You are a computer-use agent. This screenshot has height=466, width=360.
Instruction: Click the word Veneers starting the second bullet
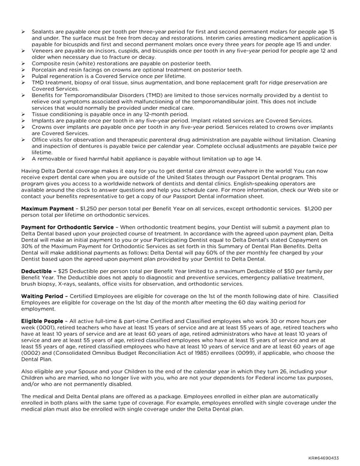pyautogui.click(x=44, y=52)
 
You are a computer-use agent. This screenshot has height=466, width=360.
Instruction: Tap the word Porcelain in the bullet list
pyautogui.click(x=45, y=69)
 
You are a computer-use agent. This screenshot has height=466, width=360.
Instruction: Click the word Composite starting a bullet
pyautogui.click(x=46, y=63)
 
